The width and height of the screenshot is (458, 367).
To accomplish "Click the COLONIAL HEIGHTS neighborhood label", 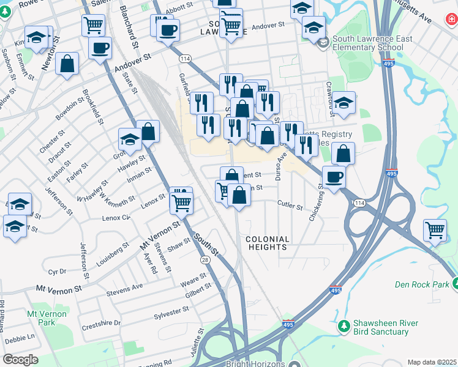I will coord(267,243).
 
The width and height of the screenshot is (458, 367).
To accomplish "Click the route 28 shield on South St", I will coord(204,261).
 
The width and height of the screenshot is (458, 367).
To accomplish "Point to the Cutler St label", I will coord(290,207).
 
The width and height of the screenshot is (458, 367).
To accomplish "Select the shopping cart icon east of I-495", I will coord(435,231).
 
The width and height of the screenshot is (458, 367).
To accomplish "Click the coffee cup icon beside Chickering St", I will coord(334,177).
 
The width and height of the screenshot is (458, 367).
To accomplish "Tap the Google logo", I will coord(20,360).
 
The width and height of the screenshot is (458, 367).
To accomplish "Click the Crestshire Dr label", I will coord(101,322).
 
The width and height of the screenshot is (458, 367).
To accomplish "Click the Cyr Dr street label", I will coord(57,271).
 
